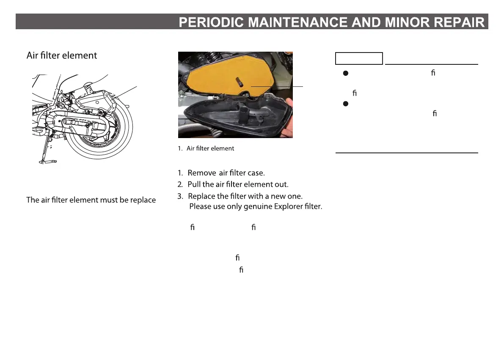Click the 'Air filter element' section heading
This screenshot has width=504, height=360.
point(62,55)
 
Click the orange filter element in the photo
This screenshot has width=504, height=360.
point(212,76)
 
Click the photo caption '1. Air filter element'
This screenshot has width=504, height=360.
point(206,149)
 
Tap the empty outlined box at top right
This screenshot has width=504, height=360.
point(359,58)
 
